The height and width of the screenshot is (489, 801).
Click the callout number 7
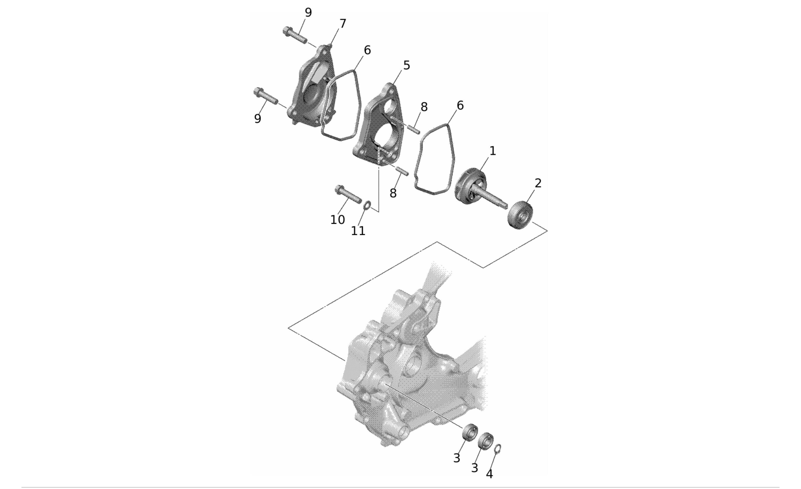(342, 24)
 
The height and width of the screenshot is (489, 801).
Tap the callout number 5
(407, 66)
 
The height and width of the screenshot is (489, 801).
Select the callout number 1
(493, 151)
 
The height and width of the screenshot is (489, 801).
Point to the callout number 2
(538, 183)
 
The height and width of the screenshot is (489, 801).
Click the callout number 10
(337, 220)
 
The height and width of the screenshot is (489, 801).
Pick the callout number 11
(358, 231)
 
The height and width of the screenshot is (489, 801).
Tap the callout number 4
(490, 474)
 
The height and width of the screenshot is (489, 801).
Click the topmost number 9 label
(308, 13)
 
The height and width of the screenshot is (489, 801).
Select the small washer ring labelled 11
(367, 206)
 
